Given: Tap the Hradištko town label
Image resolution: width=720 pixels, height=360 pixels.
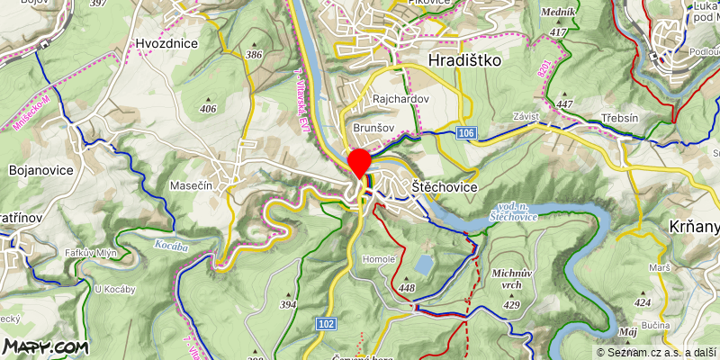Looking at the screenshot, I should click(x=465, y=60).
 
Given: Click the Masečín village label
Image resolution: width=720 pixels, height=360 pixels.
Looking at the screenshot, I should click(x=190, y=185).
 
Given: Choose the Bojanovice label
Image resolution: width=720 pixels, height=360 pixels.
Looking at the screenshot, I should click(x=33, y=168).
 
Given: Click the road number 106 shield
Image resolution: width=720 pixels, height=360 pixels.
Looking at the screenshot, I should click(x=465, y=133).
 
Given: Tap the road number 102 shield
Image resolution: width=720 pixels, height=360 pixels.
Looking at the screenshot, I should click(x=327, y=323).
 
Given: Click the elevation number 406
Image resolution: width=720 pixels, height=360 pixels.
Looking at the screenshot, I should click(x=209, y=109).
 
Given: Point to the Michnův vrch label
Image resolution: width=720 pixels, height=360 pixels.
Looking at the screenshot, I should click(x=513, y=277).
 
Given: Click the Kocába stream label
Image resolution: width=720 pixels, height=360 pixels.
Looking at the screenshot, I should click(x=171, y=245).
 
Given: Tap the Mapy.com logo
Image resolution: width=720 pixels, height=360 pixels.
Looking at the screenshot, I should click(x=45, y=346).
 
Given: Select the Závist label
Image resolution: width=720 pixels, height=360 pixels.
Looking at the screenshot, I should click(x=526, y=116).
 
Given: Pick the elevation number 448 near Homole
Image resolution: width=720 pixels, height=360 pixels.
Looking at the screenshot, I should click(x=407, y=288).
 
